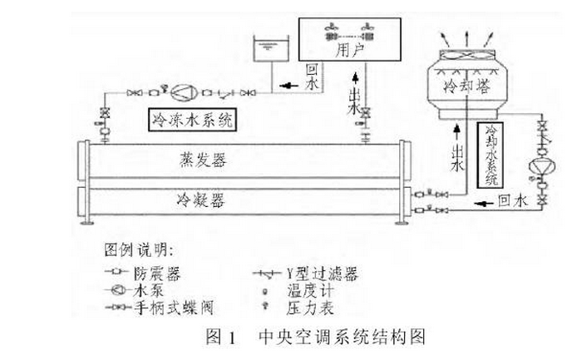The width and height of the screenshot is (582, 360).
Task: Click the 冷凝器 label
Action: (197, 200)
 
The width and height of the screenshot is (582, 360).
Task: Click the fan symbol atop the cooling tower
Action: (465, 51)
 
